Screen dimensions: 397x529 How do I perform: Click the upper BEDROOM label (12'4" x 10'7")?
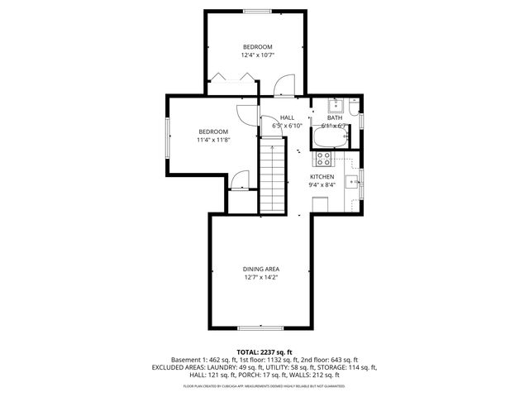click(x=257, y=50)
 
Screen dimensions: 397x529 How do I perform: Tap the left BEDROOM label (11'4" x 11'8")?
click(x=212, y=136)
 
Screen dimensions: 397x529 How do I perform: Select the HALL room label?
click(x=287, y=121)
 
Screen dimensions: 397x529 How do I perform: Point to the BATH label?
click(x=334, y=121)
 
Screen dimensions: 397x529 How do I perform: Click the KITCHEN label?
click(x=322, y=180)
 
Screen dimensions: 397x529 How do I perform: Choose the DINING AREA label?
click(x=260, y=273)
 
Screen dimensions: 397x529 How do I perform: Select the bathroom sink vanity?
click(x=335, y=105)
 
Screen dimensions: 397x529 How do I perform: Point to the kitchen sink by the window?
click(x=351, y=184)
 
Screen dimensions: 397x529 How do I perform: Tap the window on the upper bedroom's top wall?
click(x=256, y=11)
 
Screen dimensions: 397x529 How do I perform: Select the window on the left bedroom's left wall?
click(x=168, y=136)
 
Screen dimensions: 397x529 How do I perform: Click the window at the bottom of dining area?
click(x=261, y=328)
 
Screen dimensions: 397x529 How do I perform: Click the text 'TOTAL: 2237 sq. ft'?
click(x=264, y=352)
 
